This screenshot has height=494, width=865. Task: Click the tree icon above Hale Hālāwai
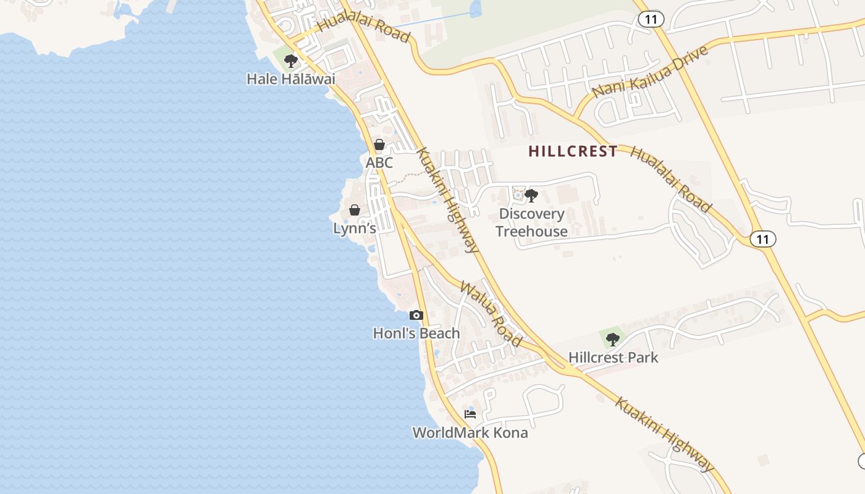point(290,61)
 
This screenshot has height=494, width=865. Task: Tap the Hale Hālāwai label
point(290,79)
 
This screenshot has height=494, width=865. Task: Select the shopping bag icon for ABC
point(379,145)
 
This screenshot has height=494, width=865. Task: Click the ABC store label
point(379,163)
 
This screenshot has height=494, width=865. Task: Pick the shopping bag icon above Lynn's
point(355,210)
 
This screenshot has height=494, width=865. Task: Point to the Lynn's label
point(355,228)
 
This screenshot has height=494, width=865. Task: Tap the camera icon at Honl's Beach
point(416,316)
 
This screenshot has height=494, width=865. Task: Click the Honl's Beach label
point(416,333)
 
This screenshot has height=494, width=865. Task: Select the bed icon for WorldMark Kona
point(470,414)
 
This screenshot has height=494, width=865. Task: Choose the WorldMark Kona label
point(470,433)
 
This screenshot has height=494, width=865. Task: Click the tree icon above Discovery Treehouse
point(531,196)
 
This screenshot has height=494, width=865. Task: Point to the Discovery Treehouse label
point(531,222)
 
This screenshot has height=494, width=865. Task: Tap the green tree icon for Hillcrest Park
point(612,339)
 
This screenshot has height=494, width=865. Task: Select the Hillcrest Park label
point(614,358)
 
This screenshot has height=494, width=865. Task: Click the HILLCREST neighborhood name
point(573,151)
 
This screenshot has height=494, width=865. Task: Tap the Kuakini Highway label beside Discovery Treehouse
point(448,201)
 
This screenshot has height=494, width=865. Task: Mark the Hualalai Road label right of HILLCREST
point(671,180)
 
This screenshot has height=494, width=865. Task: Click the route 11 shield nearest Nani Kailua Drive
point(651,20)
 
